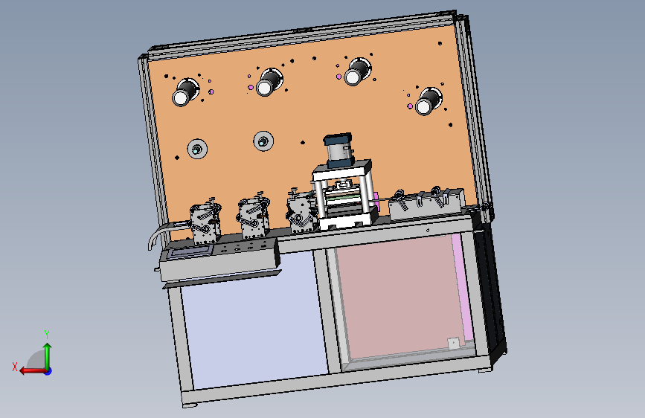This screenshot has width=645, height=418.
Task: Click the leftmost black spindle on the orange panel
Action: point(184,92)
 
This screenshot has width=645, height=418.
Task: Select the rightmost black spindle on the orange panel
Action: point(429,101)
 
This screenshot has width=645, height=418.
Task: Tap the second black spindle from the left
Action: point(269,83)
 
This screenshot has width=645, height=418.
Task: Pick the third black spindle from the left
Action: point(357,72)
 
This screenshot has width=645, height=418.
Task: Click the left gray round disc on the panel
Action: point(197,149)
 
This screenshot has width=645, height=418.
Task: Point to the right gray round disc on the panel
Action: point(263,141)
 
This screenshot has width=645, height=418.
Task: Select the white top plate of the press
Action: point(342,170)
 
